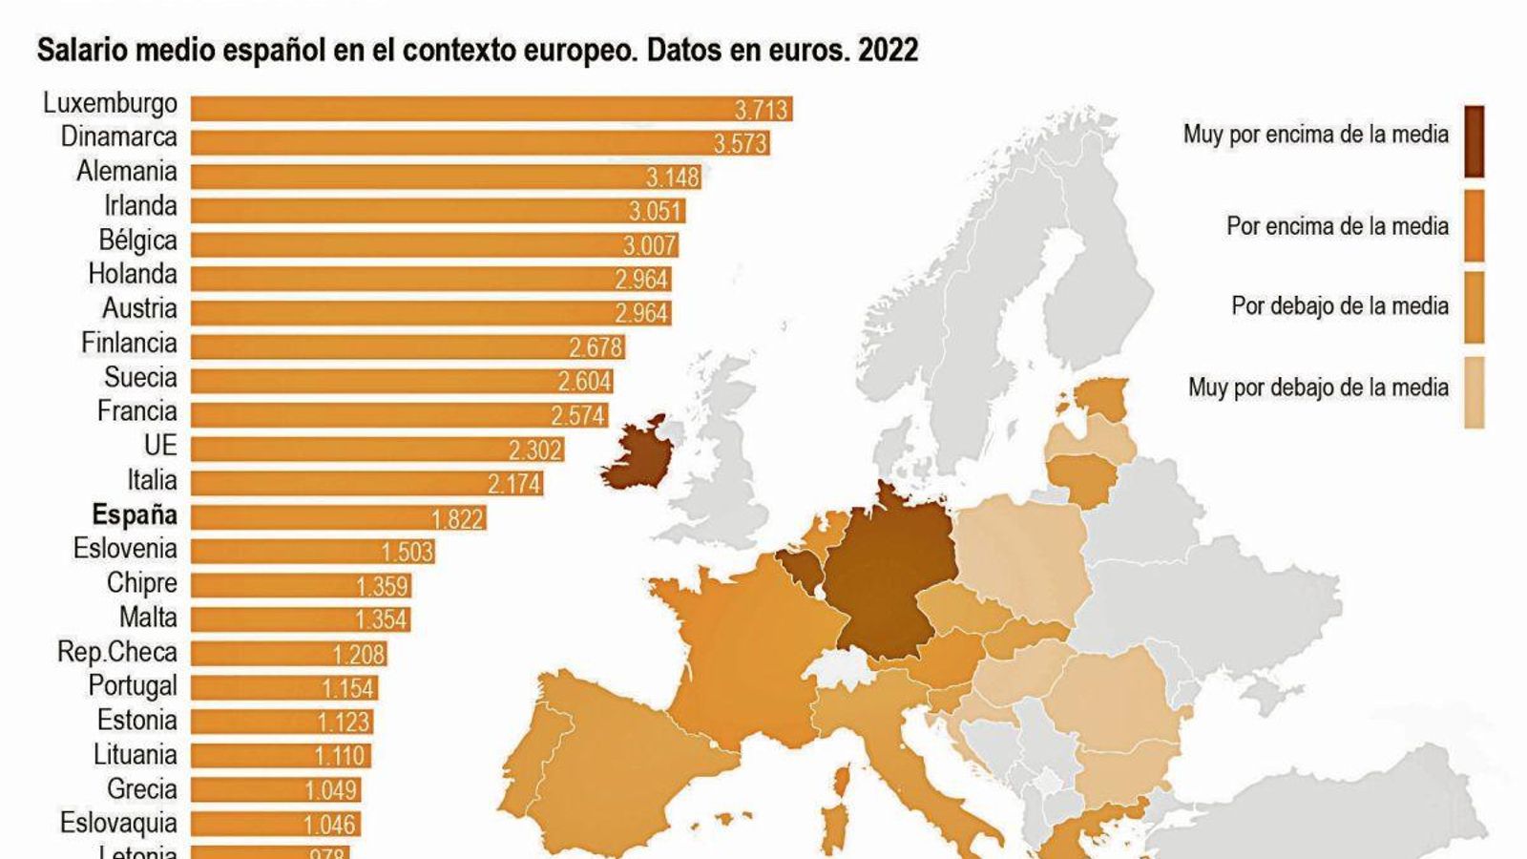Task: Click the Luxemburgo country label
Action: (110, 103)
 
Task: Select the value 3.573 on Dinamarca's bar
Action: (740, 144)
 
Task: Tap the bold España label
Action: (135, 515)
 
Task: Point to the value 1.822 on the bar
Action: (458, 519)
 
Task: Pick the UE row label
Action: (160, 446)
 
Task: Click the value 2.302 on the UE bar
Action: (535, 450)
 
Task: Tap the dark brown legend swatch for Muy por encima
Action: (1474, 141)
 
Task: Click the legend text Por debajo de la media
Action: (1339, 306)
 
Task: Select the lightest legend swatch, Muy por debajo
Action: (1474, 392)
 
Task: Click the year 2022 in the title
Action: (888, 50)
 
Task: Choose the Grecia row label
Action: (141, 789)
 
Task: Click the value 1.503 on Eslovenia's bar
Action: (408, 553)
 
